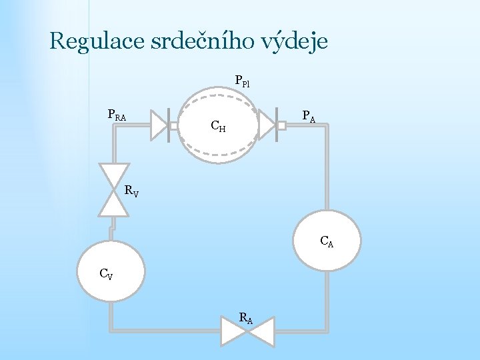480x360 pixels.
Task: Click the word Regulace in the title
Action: tap(91, 42)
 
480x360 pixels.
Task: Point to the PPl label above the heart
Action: tap(242, 82)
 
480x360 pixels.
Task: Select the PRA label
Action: tap(117, 115)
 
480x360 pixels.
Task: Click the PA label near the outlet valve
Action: tap(308, 117)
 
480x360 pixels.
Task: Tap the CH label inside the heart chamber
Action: tap(218, 125)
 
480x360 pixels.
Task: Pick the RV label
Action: tap(131, 191)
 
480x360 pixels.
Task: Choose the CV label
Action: tap(105, 273)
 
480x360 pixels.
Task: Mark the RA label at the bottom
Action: tap(245, 318)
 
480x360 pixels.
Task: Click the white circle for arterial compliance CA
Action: tap(327, 240)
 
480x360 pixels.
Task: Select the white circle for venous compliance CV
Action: tap(111, 273)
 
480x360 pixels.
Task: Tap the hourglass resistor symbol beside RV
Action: tap(113, 190)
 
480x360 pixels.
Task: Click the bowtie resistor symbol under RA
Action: tap(247, 332)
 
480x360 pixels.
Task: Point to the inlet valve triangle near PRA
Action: tap(158, 125)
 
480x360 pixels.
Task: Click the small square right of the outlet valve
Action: tap(281, 125)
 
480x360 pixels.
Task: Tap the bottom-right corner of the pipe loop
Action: tap(325, 330)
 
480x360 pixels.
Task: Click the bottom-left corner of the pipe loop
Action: tap(112, 330)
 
